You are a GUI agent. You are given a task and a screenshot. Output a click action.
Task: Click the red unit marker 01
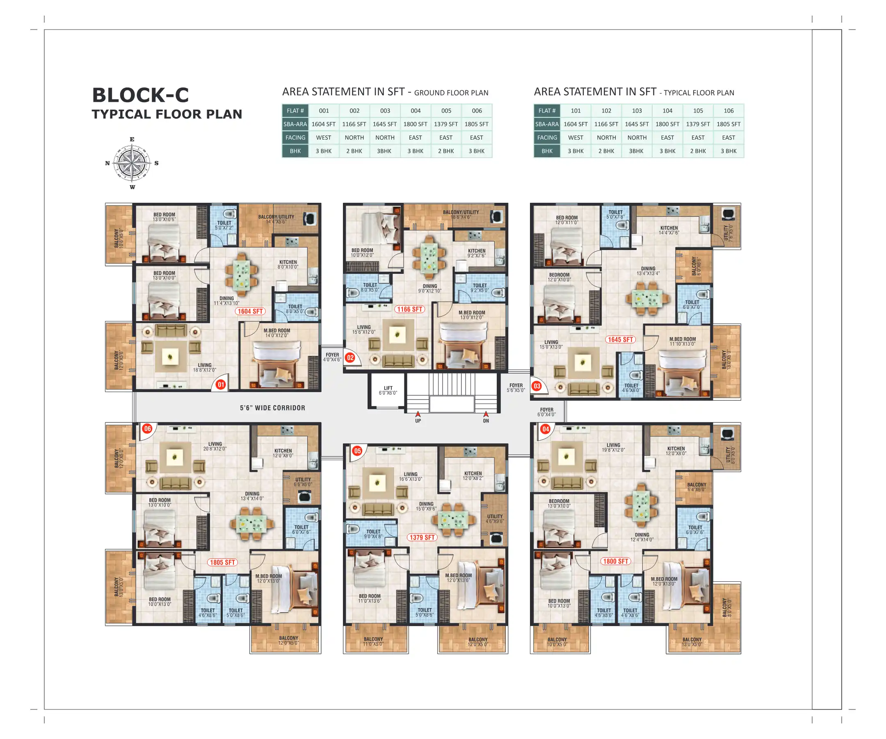[221, 385]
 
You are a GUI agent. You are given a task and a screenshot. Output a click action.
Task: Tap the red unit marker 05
[357, 450]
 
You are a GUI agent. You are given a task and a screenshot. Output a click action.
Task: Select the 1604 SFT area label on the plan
[250, 311]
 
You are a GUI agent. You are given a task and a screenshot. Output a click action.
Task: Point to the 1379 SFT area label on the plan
[422, 537]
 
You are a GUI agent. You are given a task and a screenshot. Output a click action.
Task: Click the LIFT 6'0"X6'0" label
[388, 390]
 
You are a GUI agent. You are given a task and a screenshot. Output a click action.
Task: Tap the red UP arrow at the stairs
[418, 414]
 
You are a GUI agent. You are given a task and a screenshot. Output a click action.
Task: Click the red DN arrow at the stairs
[486, 414]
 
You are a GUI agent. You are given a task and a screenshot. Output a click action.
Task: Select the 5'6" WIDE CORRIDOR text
[272, 408]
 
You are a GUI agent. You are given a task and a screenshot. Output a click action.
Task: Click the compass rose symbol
[132, 163]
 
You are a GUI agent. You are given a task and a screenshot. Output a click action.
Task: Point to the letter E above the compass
[132, 139]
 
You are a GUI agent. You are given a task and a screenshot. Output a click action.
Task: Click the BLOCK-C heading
[141, 95]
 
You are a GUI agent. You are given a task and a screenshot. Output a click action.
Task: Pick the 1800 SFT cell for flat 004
[415, 124]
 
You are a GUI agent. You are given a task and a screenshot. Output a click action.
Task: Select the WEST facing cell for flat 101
[575, 138]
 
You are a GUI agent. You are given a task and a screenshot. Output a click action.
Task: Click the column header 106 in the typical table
[728, 110]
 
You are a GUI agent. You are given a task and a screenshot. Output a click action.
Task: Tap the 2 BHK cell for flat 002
[354, 151]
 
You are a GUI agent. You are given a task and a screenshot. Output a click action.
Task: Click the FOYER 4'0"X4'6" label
[332, 357]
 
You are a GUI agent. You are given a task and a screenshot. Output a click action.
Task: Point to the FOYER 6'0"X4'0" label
[546, 412]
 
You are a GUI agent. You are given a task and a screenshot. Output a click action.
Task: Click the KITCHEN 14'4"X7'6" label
[669, 230]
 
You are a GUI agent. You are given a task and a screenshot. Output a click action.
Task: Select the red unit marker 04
[546, 429]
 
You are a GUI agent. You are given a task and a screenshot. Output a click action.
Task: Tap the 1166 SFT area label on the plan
[409, 309]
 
